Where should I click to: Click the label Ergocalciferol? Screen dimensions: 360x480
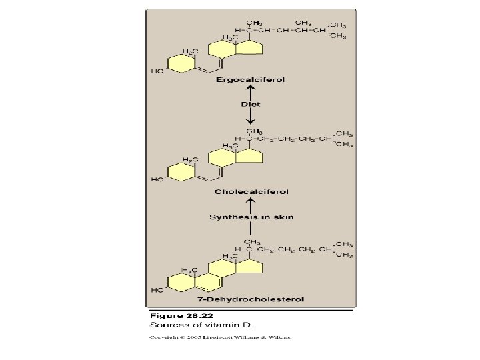pyautogui.click(x=250, y=79)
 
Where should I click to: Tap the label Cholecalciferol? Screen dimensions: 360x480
pyautogui.click(x=251, y=192)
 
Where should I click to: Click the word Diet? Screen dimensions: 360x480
pyautogui.click(x=251, y=104)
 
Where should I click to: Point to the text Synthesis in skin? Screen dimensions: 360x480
pyautogui.click(x=251, y=217)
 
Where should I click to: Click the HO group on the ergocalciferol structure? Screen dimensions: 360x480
pyautogui.click(x=157, y=71)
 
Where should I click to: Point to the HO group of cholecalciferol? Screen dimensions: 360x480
pyautogui.click(x=157, y=179)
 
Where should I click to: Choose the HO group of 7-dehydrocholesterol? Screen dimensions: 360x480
pyautogui.click(x=157, y=291)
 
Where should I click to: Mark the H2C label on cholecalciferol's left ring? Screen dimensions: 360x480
pyautogui.click(x=190, y=161)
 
